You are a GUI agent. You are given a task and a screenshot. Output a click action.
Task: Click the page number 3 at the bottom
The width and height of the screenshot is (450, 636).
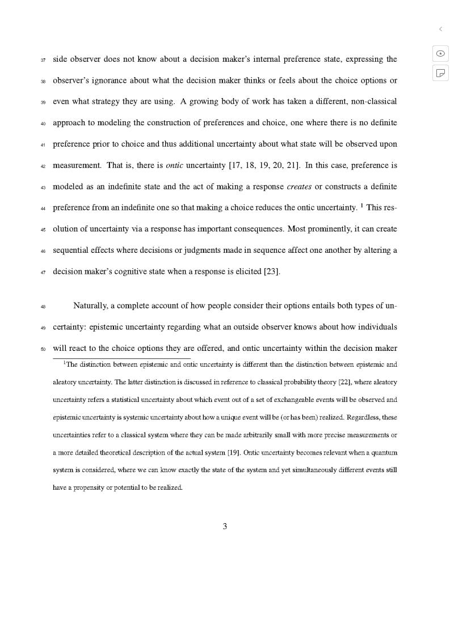coord(225,527)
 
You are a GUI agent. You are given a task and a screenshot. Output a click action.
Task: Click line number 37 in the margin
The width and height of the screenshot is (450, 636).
coord(43,60)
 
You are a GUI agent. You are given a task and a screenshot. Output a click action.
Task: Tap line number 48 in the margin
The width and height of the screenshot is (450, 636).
coord(43,307)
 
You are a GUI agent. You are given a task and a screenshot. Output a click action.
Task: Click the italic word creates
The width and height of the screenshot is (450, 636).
coord(299,186)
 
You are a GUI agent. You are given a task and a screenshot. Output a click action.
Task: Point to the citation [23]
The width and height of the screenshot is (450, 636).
coord(272,272)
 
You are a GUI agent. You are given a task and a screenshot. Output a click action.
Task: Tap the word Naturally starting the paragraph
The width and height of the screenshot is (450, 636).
coord(90,306)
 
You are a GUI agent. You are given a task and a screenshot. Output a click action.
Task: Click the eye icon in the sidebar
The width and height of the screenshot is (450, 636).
coord(440,53)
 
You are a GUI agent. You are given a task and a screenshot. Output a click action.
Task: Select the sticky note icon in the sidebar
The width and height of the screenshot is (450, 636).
coord(440,73)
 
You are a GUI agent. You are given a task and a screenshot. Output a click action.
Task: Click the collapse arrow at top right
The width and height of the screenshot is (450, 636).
coord(440,29)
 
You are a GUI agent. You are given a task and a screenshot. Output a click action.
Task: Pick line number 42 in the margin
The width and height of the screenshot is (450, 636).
coord(43,167)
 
